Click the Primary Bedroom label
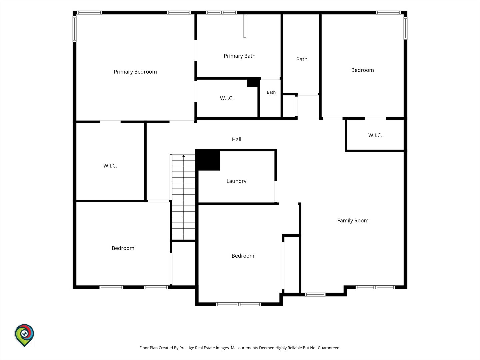click(135, 72)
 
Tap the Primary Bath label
click(239, 56)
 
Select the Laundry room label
click(236, 181)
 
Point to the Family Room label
click(353, 221)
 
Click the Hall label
click(237, 139)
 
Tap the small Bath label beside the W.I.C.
click(271, 92)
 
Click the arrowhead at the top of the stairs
click(183, 156)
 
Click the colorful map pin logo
click(24, 335)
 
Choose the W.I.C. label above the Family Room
click(375, 135)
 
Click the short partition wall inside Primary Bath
click(245, 26)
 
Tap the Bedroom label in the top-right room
click(362, 70)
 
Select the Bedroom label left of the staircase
click(123, 248)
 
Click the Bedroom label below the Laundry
click(243, 256)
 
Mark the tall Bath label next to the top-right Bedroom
click(302, 59)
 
